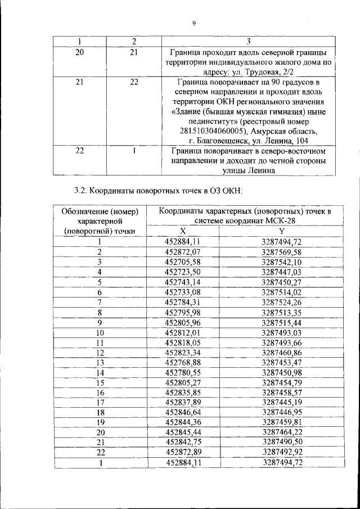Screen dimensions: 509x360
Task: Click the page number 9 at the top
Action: tap(193, 23)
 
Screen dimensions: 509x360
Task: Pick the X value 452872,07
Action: tap(183, 251)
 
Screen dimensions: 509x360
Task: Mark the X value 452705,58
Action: tap(183, 262)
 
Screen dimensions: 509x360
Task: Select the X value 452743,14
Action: tap(183, 282)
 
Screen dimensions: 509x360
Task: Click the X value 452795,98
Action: tap(183, 312)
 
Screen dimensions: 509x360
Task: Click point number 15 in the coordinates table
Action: tap(100, 382)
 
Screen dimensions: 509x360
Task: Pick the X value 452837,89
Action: tap(183, 403)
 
